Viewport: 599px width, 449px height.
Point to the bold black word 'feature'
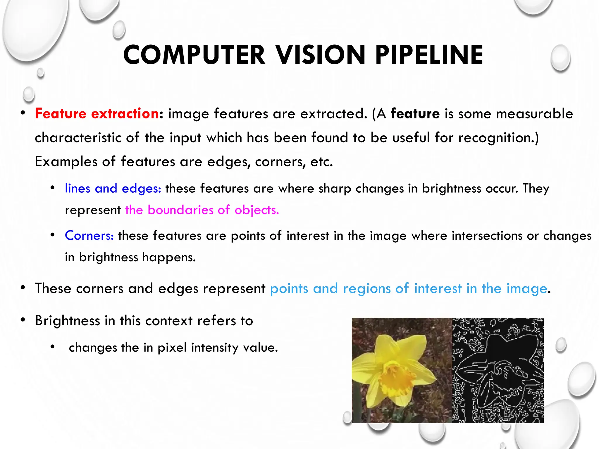[415, 113]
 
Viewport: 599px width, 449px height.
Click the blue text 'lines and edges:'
[113, 188]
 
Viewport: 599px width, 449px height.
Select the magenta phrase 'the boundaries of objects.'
[202, 210]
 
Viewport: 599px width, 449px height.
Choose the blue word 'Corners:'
[89, 235]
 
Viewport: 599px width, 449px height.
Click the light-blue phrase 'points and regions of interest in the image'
[408, 289]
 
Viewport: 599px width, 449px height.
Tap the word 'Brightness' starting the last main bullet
[68, 321]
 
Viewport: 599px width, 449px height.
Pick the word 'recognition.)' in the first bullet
[498, 138]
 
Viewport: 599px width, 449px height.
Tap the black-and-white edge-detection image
[498, 370]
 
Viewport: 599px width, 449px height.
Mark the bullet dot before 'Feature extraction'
[23, 113]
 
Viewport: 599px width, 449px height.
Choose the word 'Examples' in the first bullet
[66, 162]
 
